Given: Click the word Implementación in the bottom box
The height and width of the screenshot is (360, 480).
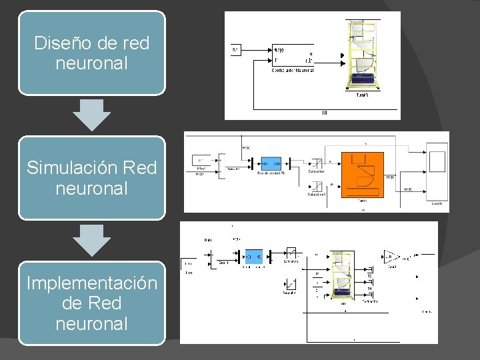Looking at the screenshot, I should pyautogui.click(x=92, y=283).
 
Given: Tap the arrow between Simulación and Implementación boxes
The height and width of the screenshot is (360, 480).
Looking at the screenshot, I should pyautogui.click(x=91, y=240).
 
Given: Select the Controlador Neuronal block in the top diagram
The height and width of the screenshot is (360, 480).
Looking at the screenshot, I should pyautogui.click(x=293, y=56).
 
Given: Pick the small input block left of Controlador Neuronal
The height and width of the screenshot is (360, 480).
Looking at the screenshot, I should pyautogui.click(x=235, y=50).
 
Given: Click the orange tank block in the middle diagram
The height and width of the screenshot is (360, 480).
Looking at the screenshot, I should pyautogui.click(x=363, y=174).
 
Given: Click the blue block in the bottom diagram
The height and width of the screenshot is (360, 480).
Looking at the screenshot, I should pyautogui.click(x=253, y=256).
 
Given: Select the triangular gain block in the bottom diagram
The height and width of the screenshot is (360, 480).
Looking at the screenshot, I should pyautogui.click(x=390, y=257).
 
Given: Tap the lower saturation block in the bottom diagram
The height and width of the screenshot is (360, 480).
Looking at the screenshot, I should pyautogui.click(x=290, y=285).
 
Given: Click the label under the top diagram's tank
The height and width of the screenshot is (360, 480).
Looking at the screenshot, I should pyautogui.click(x=363, y=95).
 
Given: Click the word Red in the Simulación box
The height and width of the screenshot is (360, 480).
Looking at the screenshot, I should pyautogui.click(x=140, y=167).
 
